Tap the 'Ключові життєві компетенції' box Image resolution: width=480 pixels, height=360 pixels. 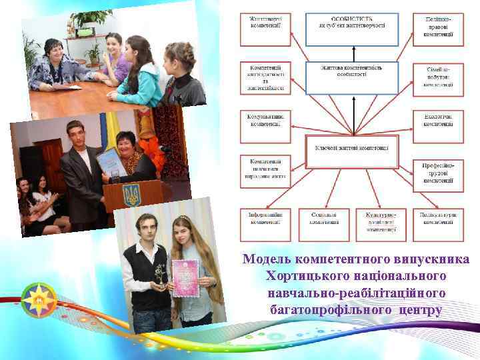352,147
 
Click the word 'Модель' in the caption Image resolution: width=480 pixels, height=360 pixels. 267,259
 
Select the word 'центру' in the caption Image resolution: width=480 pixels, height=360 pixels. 421,310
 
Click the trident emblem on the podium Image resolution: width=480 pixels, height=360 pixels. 131,195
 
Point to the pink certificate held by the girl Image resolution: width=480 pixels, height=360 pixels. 185,277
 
